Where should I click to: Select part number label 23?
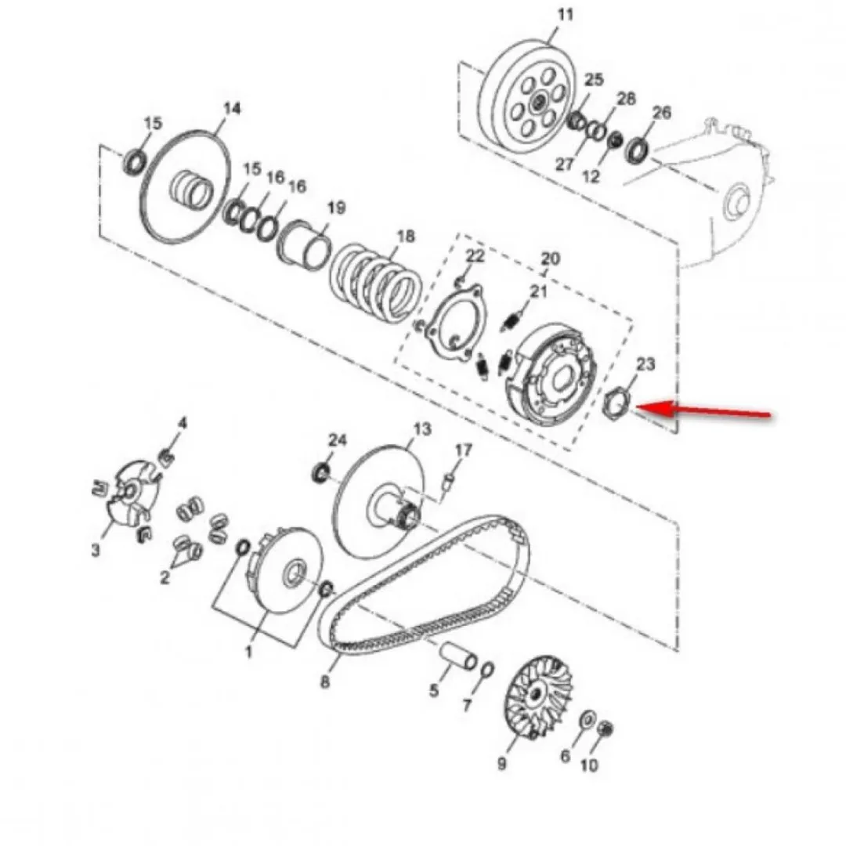pos(645,364)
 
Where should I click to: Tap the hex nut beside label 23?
pos(616,406)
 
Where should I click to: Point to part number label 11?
pos(565,15)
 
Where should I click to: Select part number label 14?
pos(232,108)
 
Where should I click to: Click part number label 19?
pos(336,207)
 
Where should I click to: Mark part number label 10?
pos(589,765)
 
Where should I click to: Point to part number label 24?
pos(337,440)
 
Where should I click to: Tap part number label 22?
pos(475,255)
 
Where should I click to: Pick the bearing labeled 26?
pos(637,150)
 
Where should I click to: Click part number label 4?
pos(183,422)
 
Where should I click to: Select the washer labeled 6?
pos(587,721)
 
